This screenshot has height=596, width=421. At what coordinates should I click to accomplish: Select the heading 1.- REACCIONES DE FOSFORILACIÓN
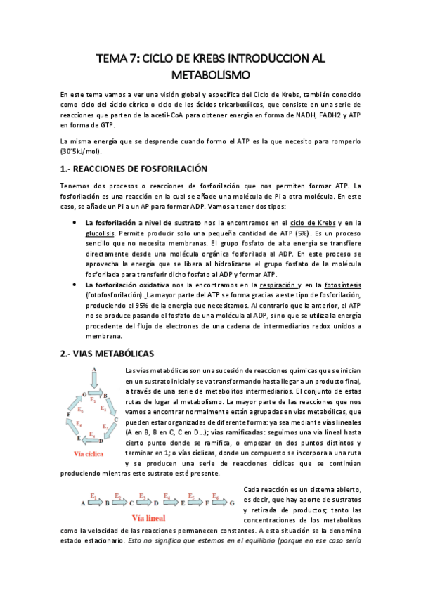point(135,169)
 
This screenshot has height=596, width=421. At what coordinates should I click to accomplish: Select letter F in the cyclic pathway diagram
point(68,415)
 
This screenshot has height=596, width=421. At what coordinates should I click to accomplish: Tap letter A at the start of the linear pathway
point(83,503)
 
